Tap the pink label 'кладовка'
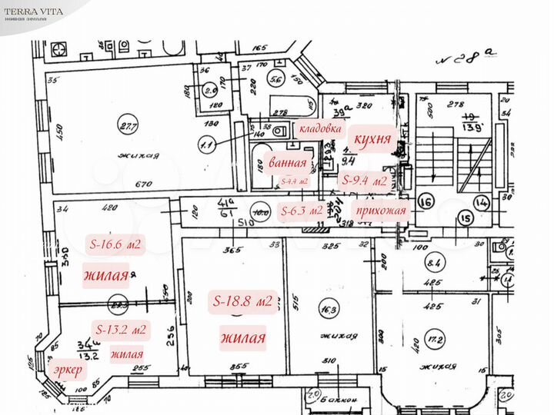tap(320, 128)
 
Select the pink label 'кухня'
tap(373, 141)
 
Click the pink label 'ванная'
tap(287, 163)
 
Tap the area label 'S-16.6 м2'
tap(115, 244)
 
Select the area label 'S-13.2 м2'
tap(121, 330)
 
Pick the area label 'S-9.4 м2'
tap(364, 182)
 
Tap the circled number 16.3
tap(330, 310)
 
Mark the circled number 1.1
tap(205, 141)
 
